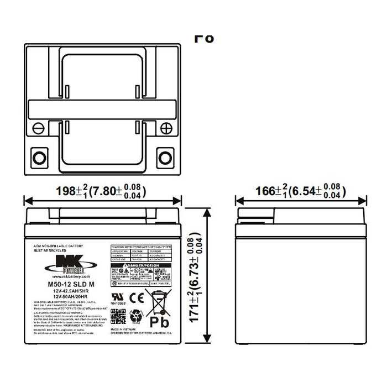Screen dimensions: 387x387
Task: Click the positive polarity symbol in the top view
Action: [x=166, y=128]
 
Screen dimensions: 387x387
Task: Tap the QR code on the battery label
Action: [x=117, y=316]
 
